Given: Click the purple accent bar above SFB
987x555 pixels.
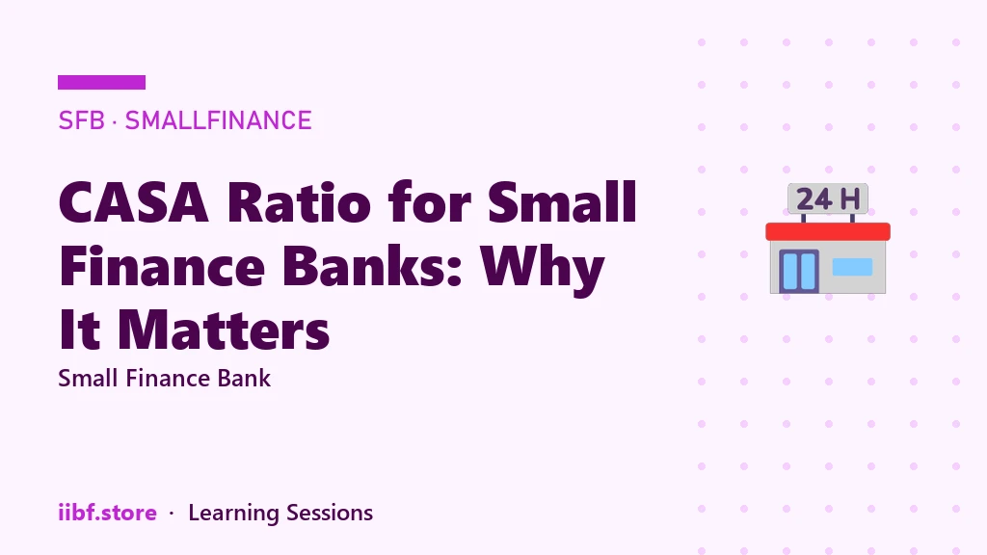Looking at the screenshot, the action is [x=101, y=83].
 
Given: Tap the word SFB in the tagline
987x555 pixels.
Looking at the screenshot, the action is [x=81, y=120].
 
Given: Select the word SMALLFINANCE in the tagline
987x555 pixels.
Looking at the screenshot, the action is [x=219, y=120].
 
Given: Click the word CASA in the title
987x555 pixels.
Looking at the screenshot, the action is [x=133, y=202].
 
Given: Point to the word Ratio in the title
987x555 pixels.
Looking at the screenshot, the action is [x=299, y=202].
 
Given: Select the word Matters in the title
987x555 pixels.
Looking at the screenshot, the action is [x=224, y=330].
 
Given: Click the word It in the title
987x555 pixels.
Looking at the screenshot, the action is [x=79, y=330].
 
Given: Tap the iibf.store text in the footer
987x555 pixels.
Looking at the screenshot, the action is [x=107, y=513].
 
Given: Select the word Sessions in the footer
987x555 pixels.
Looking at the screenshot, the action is [x=330, y=513].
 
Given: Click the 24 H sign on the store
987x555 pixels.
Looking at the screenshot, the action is [x=828, y=198].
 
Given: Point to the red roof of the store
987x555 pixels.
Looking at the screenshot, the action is [x=828, y=231].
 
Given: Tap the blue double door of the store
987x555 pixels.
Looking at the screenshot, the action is [x=799, y=271].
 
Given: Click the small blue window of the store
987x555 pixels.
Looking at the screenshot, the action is [x=852, y=267].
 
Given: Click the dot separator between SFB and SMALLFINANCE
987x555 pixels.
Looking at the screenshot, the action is [x=115, y=120].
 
